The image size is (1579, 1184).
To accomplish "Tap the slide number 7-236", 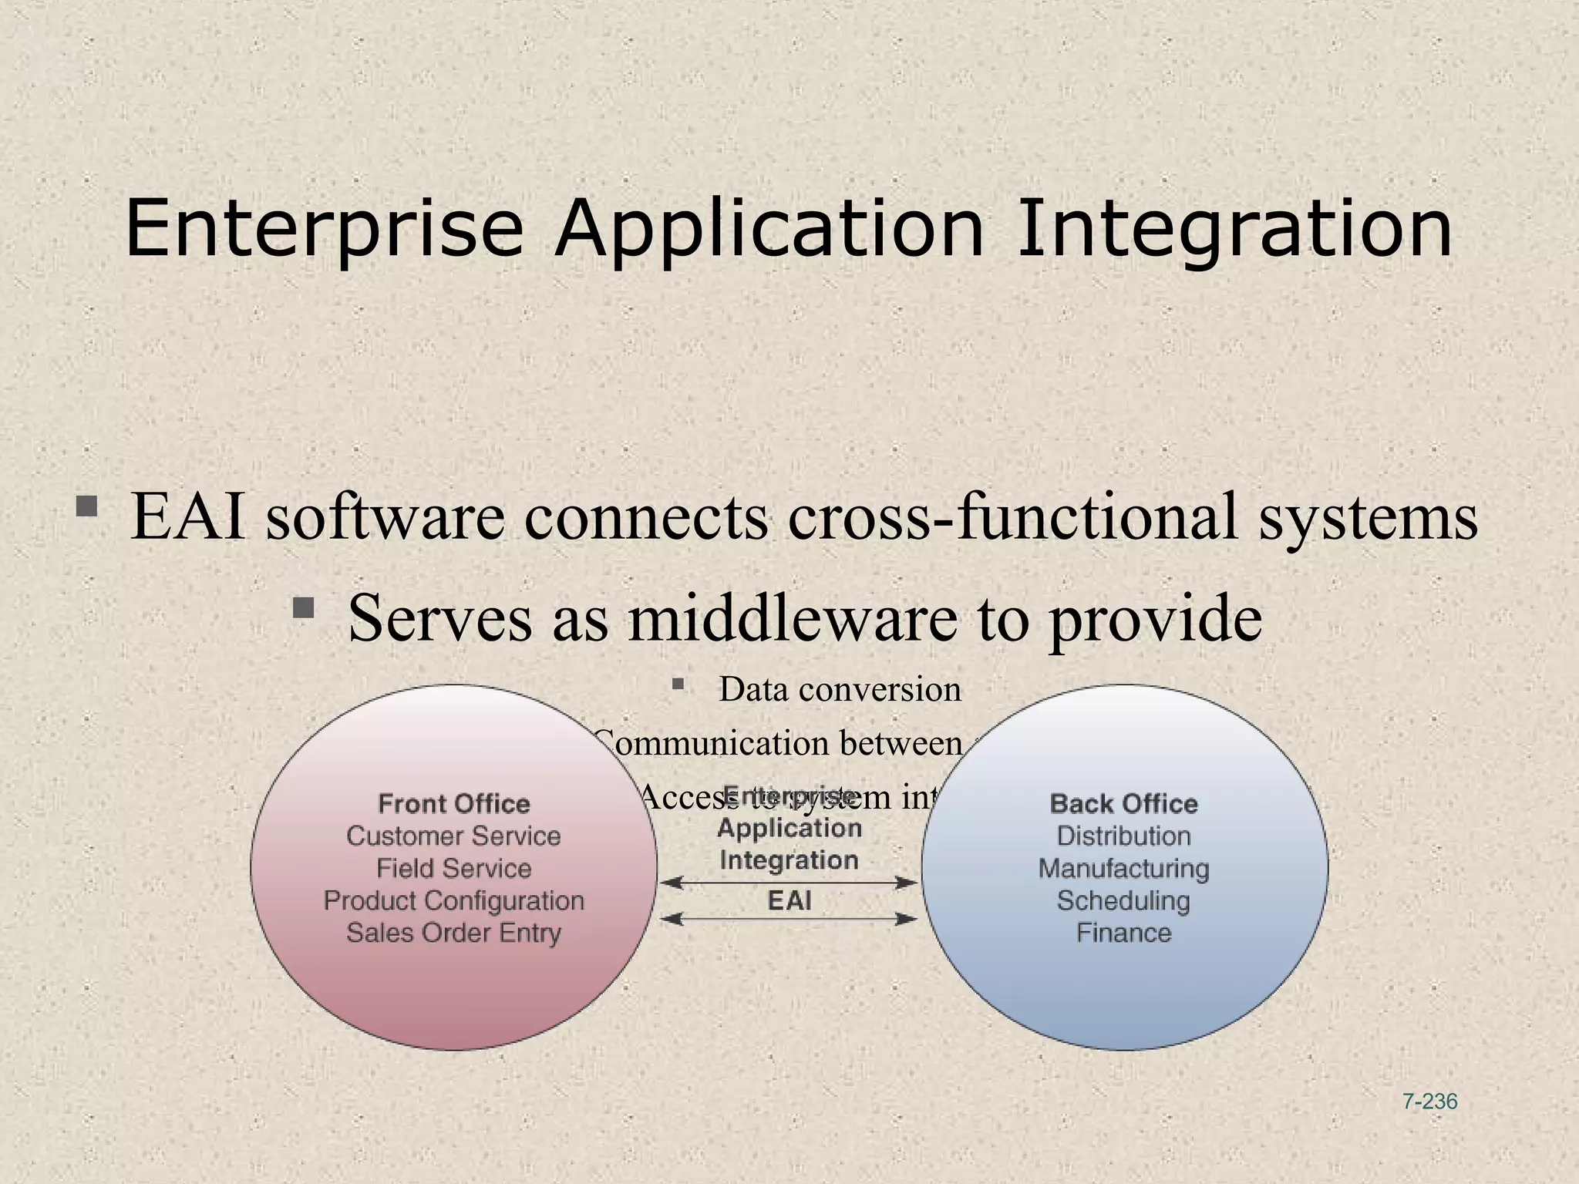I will click(1429, 1102).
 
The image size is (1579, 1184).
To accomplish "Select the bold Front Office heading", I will click(454, 804).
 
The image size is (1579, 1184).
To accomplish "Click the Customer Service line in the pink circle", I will click(453, 836).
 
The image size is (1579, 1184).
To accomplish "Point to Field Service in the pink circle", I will click(453, 869).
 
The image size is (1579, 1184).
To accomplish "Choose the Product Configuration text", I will click(453, 900).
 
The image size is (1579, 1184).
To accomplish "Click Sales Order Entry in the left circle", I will click(453, 933).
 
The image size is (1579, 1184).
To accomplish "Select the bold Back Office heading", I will click(1123, 804).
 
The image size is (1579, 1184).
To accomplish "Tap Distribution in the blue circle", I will click(1123, 836).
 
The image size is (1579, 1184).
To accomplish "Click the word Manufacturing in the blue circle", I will click(1123, 869).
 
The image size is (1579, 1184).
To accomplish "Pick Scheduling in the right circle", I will click(1123, 900).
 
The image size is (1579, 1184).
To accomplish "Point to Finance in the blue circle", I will click(1123, 933).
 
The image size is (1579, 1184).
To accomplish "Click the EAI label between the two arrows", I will click(789, 900).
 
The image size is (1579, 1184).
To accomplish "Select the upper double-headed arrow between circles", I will click(789, 883).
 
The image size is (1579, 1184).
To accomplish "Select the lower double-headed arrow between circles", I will click(789, 919).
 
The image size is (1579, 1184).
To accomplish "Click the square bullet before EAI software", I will click(86, 507).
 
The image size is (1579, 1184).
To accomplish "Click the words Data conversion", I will click(840, 689).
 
